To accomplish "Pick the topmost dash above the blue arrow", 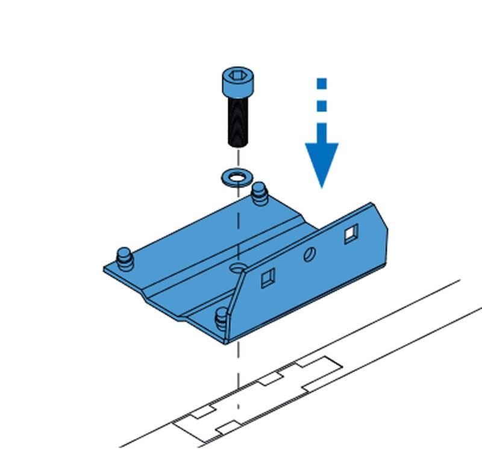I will pos(322,84).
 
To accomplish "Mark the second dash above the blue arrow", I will pos(322,106).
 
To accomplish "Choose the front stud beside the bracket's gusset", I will pos(222,316).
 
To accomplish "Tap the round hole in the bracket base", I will pos(237,267).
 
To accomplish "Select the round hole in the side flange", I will pos(310,254).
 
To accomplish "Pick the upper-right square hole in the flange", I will pos(351,233).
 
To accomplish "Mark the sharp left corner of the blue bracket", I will pos(104,270).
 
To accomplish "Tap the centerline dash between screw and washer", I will pos(238,158).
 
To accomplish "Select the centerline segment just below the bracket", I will pos(239,362).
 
